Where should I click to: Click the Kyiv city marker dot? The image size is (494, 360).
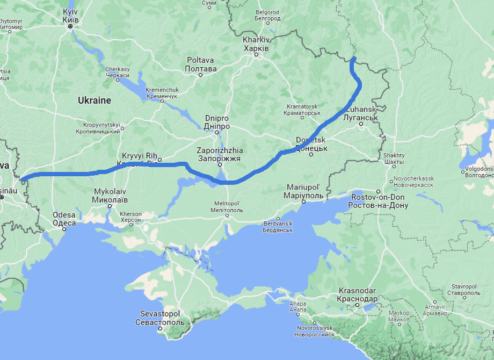70,26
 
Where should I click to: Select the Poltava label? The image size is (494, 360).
200,64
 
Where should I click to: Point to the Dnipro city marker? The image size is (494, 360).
217,132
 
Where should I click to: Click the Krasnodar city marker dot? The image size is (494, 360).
358,306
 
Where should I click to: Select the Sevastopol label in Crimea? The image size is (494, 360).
159,318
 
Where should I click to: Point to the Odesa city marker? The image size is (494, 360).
64,228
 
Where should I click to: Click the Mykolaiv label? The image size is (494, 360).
110,196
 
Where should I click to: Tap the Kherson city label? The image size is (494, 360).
131,217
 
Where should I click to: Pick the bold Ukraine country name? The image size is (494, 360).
95,100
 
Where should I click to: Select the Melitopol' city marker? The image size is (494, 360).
227,216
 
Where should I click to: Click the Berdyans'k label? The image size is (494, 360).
278,227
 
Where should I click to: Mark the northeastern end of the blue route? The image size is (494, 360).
354,58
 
